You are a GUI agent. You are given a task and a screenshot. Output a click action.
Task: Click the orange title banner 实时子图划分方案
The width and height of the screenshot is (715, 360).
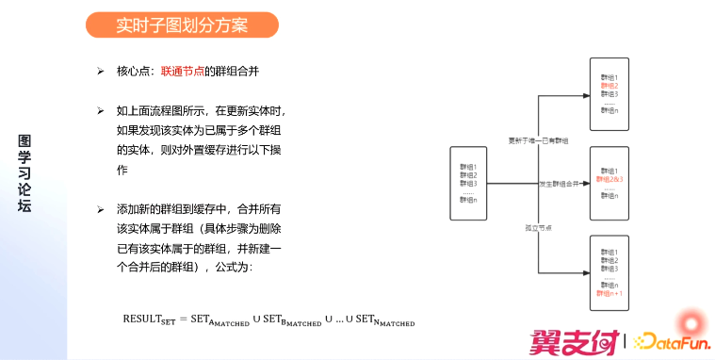click(182, 25)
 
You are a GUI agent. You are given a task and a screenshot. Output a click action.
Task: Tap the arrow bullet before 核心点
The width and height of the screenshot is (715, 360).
click(100, 71)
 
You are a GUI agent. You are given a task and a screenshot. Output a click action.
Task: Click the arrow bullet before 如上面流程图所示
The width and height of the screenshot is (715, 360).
click(100, 110)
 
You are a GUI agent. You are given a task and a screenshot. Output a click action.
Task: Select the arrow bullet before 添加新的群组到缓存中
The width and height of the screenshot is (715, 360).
click(100, 208)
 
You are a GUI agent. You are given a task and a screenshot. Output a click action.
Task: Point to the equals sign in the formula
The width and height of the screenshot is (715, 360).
click(184, 319)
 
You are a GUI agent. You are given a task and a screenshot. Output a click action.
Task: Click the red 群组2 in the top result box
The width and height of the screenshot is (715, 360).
click(609, 86)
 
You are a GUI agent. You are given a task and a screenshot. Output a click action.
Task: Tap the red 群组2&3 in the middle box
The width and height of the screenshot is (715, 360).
click(610, 178)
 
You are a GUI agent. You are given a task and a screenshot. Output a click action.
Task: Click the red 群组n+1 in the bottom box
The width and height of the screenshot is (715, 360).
click(611, 293)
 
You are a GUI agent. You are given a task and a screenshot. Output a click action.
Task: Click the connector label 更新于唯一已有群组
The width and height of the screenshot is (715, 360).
click(537, 141)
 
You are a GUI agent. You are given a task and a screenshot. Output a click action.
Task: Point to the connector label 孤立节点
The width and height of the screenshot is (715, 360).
click(538, 226)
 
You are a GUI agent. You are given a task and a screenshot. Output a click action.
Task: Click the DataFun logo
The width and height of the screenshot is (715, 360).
click(670, 340)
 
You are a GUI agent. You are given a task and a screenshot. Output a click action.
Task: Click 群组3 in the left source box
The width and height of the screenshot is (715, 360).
click(468, 182)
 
